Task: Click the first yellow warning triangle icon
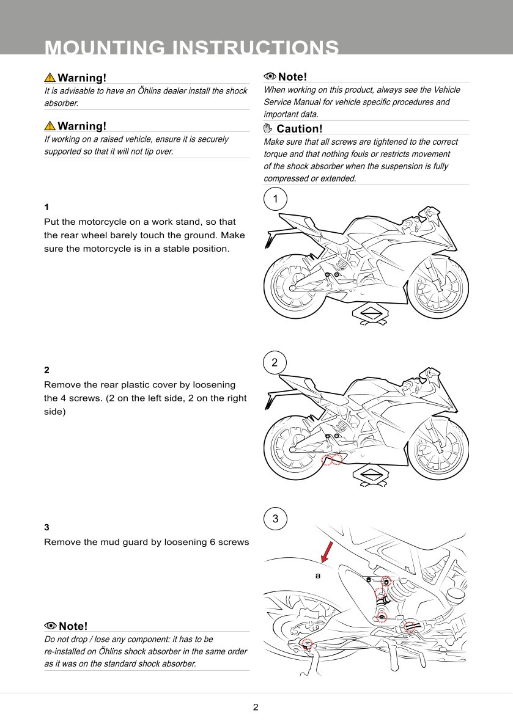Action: [x=50, y=78]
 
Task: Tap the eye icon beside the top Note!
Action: [x=270, y=76]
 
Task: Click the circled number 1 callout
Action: [x=276, y=199]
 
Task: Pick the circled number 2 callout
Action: [x=275, y=362]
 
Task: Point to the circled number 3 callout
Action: [x=275, y=519]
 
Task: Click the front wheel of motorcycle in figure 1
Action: [x=438, y=288]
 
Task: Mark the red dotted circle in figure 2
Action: [x=332, y=459]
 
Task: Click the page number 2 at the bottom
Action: [x=256, y=707]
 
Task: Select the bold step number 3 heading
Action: [x=47, y=527]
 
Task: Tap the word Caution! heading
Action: [x=299, y=129]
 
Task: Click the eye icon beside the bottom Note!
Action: [x=51, y=626]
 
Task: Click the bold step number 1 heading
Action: [x=46, y=207]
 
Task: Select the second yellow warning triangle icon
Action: [x=50, y=126]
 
